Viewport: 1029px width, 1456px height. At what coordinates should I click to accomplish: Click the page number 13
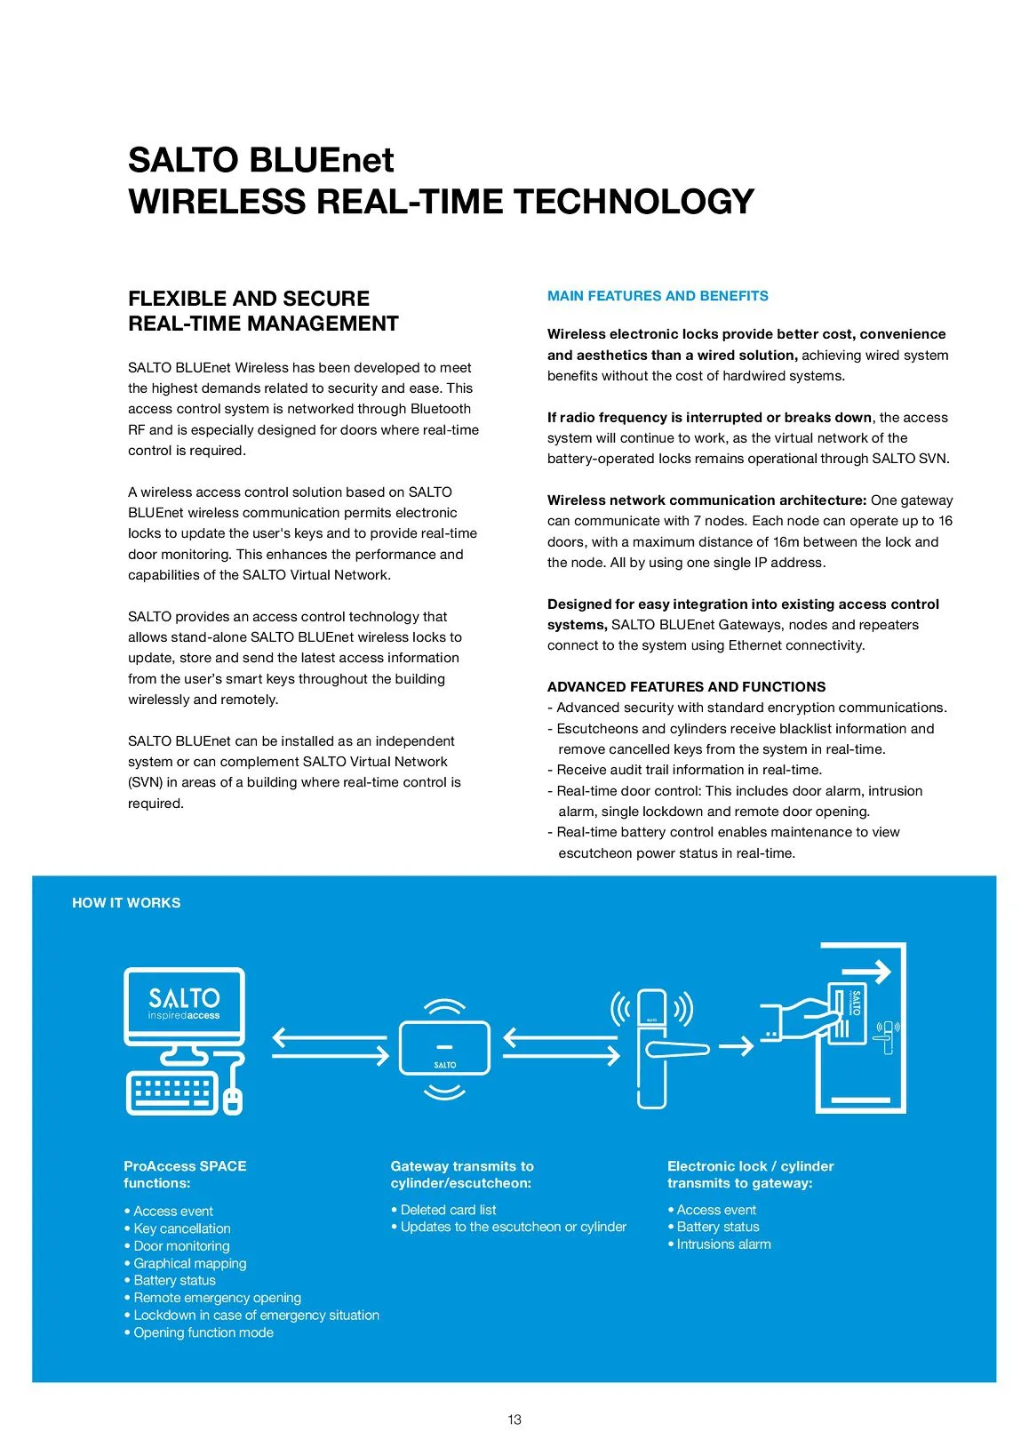514,1420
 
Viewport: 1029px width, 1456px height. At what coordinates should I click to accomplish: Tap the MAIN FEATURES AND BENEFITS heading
658,296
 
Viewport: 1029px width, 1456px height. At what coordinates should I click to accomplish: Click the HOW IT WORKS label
126,903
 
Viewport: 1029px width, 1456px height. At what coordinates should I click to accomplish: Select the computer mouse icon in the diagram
232,1100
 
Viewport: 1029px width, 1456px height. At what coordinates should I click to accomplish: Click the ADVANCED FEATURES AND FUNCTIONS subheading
686,687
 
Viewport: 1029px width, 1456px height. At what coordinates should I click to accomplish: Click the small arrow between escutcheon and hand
736,1046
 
